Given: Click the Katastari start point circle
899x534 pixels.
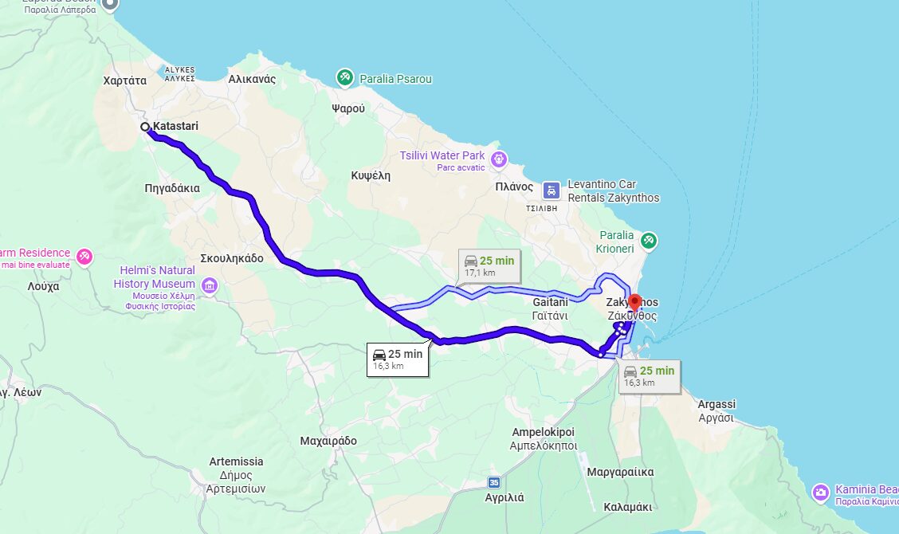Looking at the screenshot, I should (145, 127).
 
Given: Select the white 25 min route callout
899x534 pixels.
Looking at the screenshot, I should (398, 359).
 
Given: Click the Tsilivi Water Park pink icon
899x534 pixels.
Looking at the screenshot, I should (499, 159).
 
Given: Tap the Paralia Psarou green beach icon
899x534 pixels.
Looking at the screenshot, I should (344, 77).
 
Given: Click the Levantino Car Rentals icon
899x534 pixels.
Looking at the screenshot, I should (551, 190).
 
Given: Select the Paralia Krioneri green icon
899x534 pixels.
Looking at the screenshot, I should (649, 240).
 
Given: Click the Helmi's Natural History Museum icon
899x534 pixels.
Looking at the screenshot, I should (209, 285).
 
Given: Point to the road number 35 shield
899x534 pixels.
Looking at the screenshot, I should (495, 482).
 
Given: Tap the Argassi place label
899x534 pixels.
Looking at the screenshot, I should (716, 410).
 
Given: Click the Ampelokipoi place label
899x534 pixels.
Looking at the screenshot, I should (544, 438).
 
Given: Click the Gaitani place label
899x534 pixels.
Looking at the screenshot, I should (550, 308).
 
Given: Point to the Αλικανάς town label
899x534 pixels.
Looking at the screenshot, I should (252, 79).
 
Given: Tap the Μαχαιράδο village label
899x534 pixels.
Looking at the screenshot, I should (328, 441).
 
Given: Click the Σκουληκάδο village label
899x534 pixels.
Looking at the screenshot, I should (232, 258).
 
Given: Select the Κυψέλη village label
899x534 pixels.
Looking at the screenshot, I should (371, 175).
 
